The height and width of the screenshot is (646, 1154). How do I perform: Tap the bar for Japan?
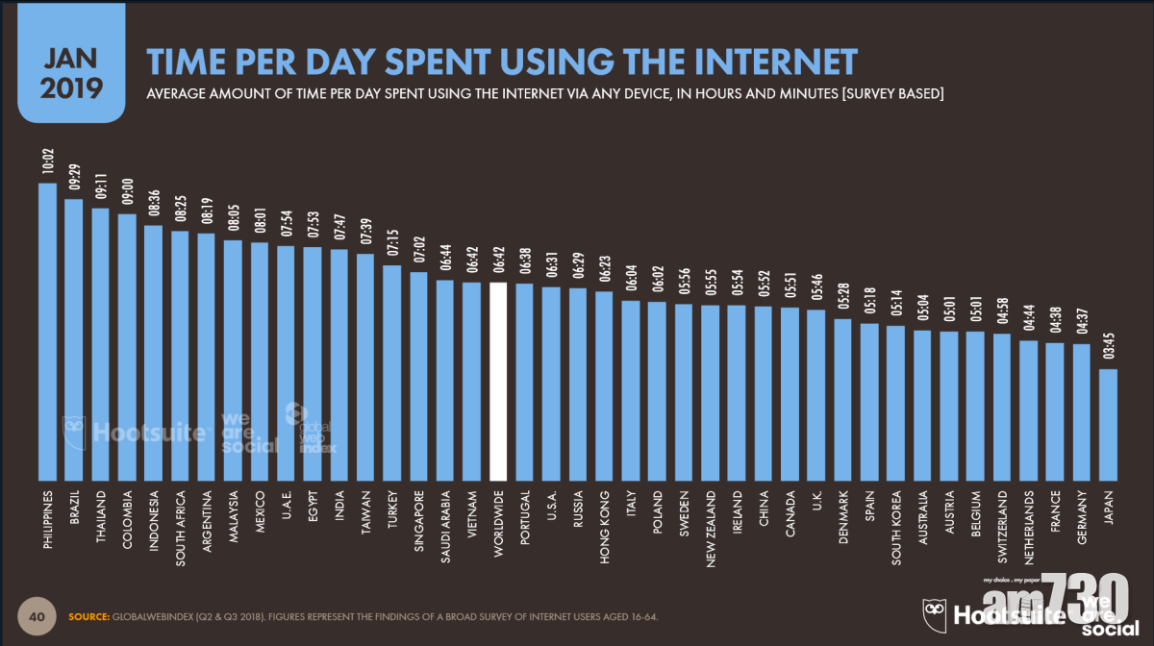(1108, 424)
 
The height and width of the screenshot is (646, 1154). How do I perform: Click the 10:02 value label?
(47, 162)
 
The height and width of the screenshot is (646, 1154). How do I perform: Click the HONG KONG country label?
(604, 519)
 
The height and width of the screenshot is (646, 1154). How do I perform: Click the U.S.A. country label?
(551, 507)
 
